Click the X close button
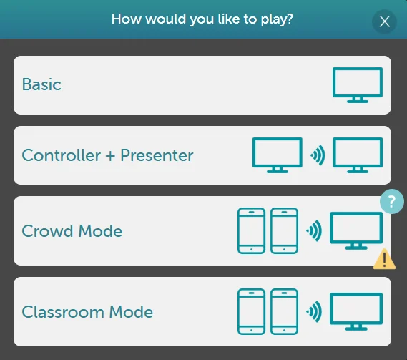coord(385,21)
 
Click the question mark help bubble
coord(391,201)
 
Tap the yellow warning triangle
coord(384,258)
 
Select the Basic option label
coord(41,84)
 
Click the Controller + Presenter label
coord(107,155)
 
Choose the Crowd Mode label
coord(72,231)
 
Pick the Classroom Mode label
coord(87,312)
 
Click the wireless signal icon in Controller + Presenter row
coord(318,155)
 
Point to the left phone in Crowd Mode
coord(250,230)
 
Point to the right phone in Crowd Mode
coord(284,230)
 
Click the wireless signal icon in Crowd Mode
coord(313,230)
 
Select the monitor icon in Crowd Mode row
coord(355,230)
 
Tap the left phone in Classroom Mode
coord(250,311)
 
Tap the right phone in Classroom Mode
coord(284,311)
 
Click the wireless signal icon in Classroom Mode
coord(313,311)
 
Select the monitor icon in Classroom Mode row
coord(355,311)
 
